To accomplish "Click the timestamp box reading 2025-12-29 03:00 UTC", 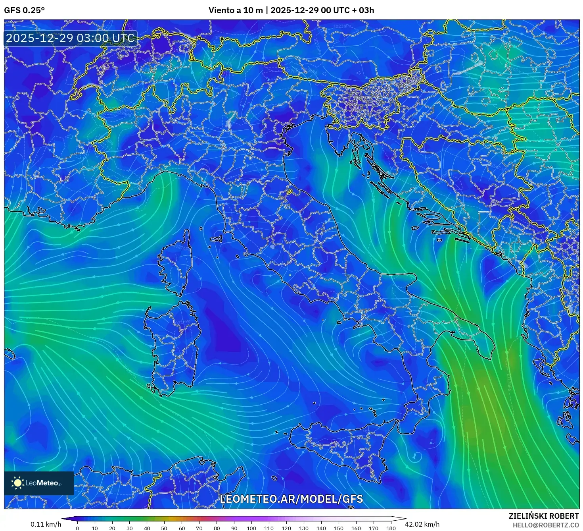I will click(x=70, y=38).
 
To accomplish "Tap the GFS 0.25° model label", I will click(x=24, y=10).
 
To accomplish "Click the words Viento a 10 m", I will click(x=236, y=10).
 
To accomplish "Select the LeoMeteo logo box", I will click(x=39, y=483).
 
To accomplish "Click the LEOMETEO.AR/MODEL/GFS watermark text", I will click(x=291, y=499).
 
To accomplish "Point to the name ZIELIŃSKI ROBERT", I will click(x=544, y=516).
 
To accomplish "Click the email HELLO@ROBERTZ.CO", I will click(x=546, y=525).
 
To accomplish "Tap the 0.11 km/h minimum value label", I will click(x=46, y=524).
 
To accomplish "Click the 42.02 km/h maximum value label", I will click(x=422, y=524).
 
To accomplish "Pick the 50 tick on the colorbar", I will click(x=164, y=528).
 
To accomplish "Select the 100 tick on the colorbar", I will click(x=251, y=528).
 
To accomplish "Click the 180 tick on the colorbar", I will click(x=391, y=528).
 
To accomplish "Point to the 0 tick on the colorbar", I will click(x=77, y=528).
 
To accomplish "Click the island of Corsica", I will click(x=176, y=264).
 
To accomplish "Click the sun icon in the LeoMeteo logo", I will click(x=17, y=483).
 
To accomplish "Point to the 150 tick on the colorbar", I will click(x=339, y=528).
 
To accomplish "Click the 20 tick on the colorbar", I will click(x=112, y=528).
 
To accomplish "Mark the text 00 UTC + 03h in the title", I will click(x=347, y=10).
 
